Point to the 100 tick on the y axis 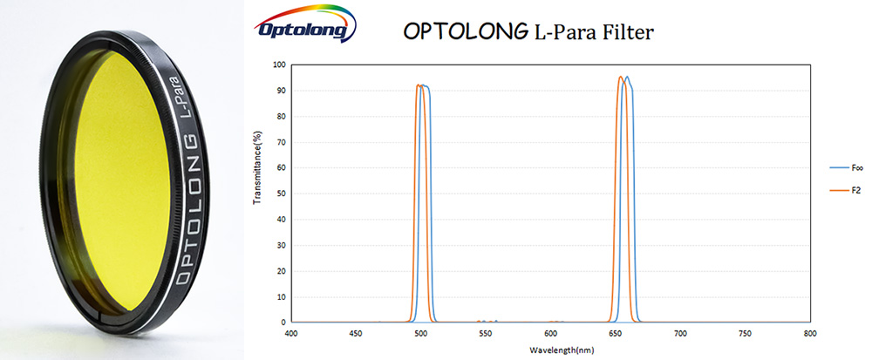coord(280,65)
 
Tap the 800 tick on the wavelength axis coord(810,333)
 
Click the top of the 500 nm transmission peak coord(422,85)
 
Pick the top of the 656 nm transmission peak coord(623,78)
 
